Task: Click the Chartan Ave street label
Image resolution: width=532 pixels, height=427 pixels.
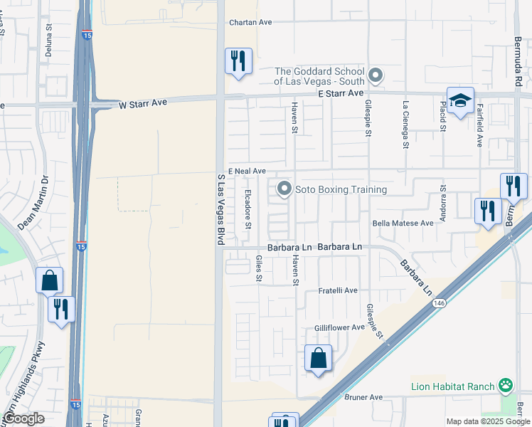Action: coord(250,22)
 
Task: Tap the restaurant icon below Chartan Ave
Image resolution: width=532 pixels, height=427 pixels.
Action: coord(238,60)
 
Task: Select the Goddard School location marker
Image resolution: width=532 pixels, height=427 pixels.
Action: coord(377,75)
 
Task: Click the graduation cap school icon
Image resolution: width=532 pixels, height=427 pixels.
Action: coord(460,100)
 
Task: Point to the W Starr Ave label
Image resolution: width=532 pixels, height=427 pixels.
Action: coord(142,103)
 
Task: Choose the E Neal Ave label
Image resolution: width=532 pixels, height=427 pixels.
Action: coord(247,172)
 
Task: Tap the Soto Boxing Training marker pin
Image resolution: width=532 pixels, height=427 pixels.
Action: coord(284,189)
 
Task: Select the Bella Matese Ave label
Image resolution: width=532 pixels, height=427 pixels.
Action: coord(408,223)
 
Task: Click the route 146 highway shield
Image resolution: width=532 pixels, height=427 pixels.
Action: coord(438,304)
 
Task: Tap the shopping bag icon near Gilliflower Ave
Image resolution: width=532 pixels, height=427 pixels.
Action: coord(318,358)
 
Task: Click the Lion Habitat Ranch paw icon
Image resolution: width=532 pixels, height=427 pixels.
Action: coord(505,386)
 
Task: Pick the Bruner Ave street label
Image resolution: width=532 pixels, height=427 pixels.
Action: coord(363,397)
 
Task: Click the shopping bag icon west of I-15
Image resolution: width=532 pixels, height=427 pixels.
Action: coord(49,281)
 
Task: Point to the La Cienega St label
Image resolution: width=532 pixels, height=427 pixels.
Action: coord(406,115)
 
